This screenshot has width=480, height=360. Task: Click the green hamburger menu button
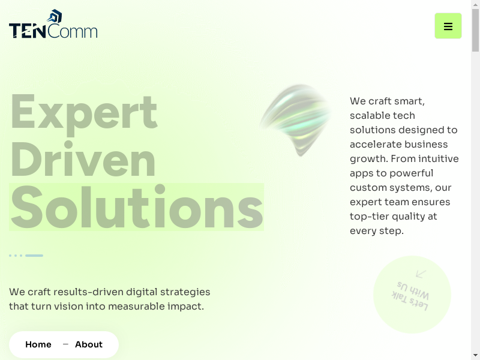point(448,26)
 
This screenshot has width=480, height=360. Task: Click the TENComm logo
point(53,24)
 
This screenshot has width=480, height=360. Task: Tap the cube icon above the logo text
point(55,16)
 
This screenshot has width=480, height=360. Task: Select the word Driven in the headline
point(83,159)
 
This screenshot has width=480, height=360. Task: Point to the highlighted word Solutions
point(137,207)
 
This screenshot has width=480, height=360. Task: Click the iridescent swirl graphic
point(296,120)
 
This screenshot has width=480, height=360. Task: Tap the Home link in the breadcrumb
point(38,344)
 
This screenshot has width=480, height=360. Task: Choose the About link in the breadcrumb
point(89,344)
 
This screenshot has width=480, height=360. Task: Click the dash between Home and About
point(65,344)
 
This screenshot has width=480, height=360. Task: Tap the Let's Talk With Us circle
point(412,295)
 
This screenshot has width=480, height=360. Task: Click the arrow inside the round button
point(421,274)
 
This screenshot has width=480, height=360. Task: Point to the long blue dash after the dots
point(34,256)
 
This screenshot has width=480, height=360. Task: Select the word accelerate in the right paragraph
point(374,144)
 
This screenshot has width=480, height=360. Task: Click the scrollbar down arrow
point(475,356)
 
